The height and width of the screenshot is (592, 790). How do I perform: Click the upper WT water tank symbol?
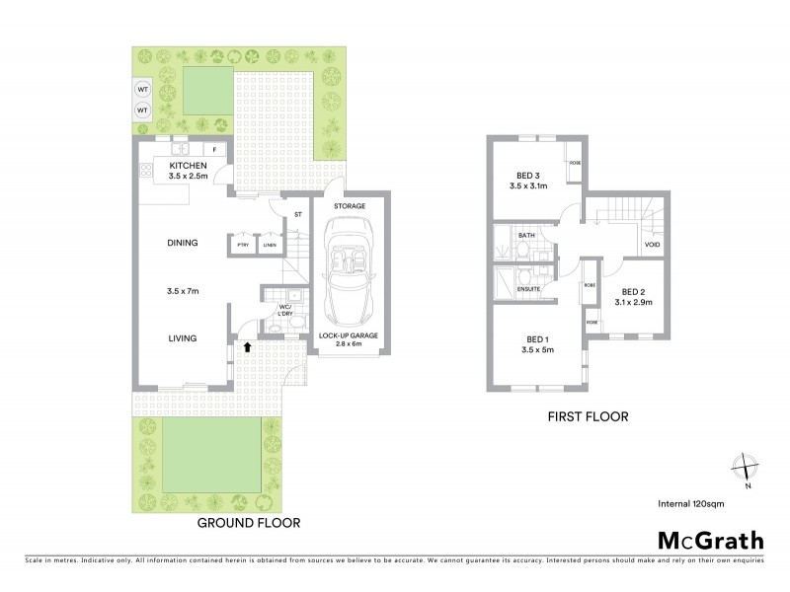[x=142, y=88]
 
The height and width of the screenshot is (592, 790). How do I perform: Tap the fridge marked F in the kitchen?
[x=215, y=149]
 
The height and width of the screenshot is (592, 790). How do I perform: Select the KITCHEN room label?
[x=188, y=165]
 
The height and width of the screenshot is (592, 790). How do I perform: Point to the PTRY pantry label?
[x=241, y=244]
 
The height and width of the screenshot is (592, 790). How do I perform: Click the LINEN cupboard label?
[x=269, y=244]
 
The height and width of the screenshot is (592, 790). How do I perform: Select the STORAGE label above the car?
[x=349, y=206]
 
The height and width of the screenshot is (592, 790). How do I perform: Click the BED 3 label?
[x=526, y=174]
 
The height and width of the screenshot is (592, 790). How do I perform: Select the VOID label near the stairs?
[x=652, y=244]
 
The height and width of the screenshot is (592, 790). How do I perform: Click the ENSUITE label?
[x=528, y=289]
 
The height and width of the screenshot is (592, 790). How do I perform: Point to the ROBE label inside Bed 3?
[x=574, y=163]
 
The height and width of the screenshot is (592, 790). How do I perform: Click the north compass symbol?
[x=748, y=469]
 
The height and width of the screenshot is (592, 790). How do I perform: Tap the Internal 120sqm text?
[x=698, y=504]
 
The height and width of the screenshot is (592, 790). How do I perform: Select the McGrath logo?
[x=710, y=540]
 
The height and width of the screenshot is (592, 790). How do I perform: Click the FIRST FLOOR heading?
[x=588, y=416]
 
